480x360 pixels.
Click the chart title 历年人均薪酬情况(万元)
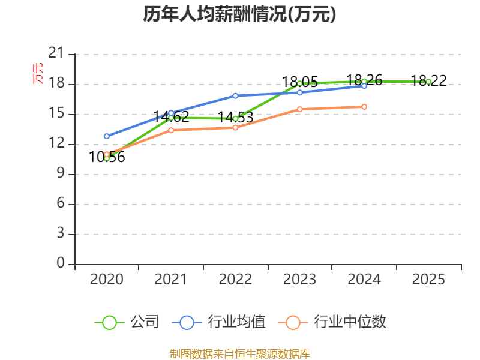point(239,14)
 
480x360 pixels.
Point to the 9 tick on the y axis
point(60,174)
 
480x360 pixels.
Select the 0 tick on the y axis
point(60,264)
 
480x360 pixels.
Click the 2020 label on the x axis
point(106,280)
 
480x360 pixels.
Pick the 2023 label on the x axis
point(299,280)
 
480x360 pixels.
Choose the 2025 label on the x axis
point(428,280)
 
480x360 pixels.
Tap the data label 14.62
point(172,117)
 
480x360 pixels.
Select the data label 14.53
point(235,118)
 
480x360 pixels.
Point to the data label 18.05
point(300,82)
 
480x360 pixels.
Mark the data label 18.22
point(428,80)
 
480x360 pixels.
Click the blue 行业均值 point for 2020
point(107,136)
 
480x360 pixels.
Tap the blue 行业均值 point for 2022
point(235,95)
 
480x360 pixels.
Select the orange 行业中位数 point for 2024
point(364,107)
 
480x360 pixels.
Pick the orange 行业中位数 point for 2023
point(300,109)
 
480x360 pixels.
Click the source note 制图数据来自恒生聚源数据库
point(239,353)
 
